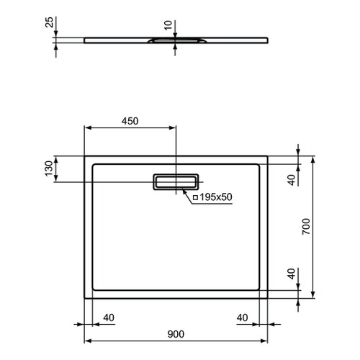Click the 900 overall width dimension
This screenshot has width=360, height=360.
(x=176, y=333)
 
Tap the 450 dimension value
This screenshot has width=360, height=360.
(x=130, y=121)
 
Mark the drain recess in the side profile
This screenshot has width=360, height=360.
(x=175, y=42)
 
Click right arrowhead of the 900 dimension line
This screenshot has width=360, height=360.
(x=266, y=341)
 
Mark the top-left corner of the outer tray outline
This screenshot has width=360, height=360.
(x=86, y=156)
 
